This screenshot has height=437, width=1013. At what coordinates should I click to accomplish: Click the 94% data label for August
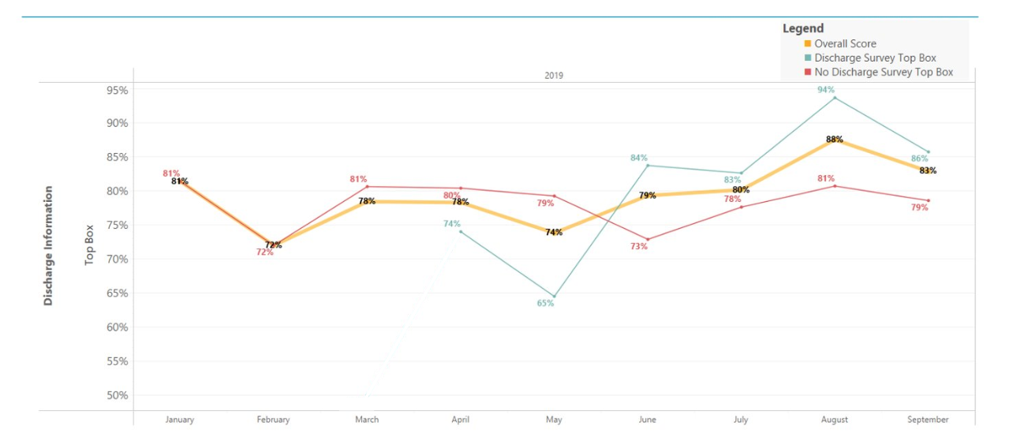tap(826, 90)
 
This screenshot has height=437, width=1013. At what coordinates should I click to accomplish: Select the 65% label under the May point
tap(545, 304)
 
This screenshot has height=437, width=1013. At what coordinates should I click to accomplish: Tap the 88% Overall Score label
tap(834, 139)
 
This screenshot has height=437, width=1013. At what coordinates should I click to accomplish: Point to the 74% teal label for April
tap(452, 224)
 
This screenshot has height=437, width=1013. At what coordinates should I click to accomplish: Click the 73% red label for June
tap(638, 246)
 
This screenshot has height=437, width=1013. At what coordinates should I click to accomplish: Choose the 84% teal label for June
tap(638, 158)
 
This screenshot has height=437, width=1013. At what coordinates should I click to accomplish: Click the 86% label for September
tap(920, 159)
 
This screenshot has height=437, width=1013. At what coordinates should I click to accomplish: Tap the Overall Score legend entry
tap(845, 44)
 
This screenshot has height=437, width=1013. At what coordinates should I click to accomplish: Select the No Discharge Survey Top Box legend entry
tap(884, 72)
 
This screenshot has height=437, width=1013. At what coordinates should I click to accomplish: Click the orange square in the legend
tap(808, 44)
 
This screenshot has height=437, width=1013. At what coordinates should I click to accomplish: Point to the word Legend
tap(803, 28)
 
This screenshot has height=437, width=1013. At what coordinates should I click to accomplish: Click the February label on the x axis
tap(273, 420)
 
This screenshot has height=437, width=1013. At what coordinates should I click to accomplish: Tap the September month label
tap(928, 420)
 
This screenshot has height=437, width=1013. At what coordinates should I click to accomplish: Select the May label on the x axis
tap(554, 420)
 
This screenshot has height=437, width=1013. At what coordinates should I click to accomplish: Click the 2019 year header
tap(554, 76)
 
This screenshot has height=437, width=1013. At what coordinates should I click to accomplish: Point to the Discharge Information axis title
tap(49, 245)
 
